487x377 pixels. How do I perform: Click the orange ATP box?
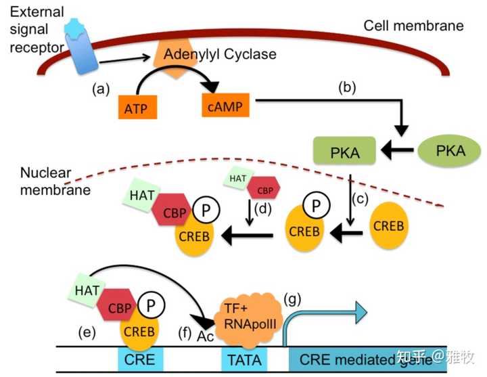tap(137, 108)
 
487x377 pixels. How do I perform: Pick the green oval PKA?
tap(451, 151)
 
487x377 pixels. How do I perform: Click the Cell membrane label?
tap(413, 26)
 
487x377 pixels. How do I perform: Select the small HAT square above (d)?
tap(237, 178)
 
